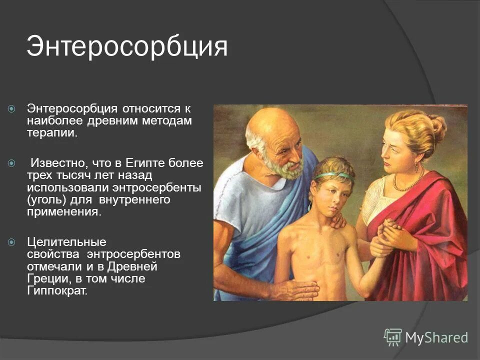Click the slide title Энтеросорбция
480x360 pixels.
(x=127, y=46)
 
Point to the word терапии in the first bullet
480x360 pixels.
(x=52, y=133)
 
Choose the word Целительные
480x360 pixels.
(x=66, y=242)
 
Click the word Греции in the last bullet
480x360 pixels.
(x=43, y=279)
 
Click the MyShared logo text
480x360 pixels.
(x=436, y=337)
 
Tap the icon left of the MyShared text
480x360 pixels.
(x=393, y=337)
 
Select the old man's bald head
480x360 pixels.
(x=272, y=122)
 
